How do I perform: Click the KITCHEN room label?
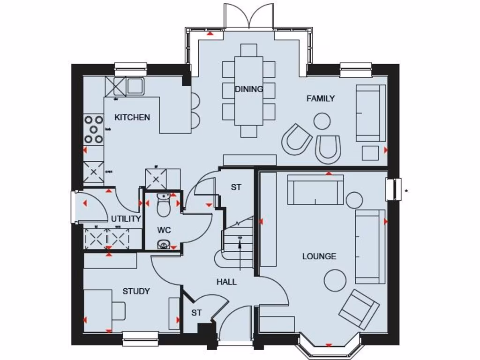tap(132, 117)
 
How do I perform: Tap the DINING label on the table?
tap(249, 89)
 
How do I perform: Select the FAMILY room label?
tap(321, 98)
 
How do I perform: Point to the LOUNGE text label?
tap(319, 256)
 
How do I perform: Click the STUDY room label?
tap(136, 291)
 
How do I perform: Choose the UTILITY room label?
tap(126, 219)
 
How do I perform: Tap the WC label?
tap(164, 230)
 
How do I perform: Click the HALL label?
tap(226, 282)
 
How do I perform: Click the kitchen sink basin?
tap(135, 85)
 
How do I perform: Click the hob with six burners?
tap(93, 129)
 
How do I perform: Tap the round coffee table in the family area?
tap(322, 121)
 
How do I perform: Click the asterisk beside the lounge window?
tap(406, 191)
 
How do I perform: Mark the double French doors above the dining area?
tap(248, 16)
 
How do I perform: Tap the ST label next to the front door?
tap(196, 313)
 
